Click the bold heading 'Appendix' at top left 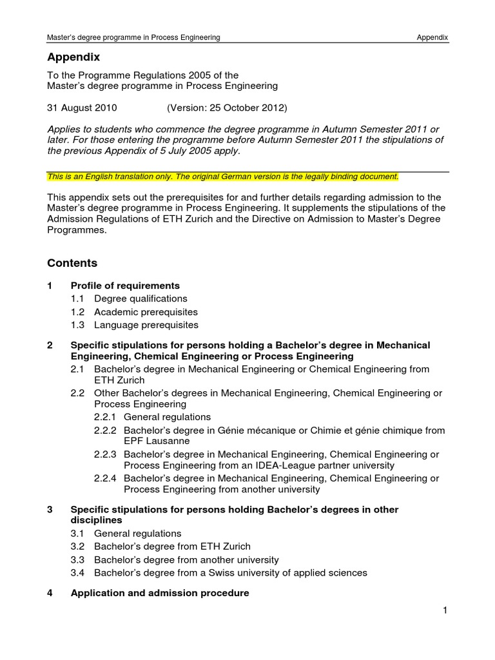pyautogui.click(x=73, y=57)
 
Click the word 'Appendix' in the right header pyautogui.click(x=432, y=37)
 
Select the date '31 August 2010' pyautogui.click(x=82, y=107)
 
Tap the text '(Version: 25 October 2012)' pyautogui.click(x=227, y=107)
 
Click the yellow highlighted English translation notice pyautogui.click(x=223, y=176)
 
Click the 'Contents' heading pyautogui.click(x=72, y=263)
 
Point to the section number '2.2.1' pyautogui.click(x=105, y=417)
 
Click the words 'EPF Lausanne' pyautogui.click(x=157, y=441)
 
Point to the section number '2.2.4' pyautogui.click(x=105, y=478)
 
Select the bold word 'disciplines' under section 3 pyautogui.click(x=96, y=519)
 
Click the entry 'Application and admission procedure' pyautogui.click(x=159, y=593)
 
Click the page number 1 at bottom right pyautogui.click(x=445, y=611)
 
